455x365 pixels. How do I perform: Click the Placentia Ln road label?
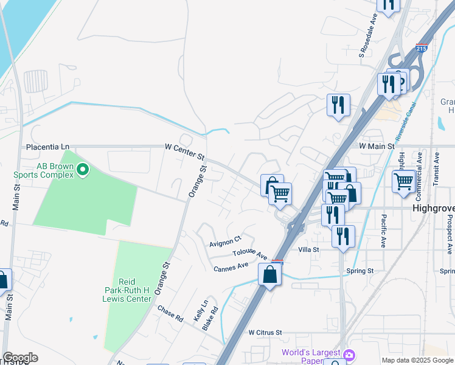pyautogui.click(x=48, y=147)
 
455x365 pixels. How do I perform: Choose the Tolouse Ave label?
pyautogui.click(x=250, y=254)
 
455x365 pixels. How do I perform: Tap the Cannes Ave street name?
pyautogui.click(x=231, y=266)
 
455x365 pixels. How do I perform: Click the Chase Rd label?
pyautogui.click(x=170, y=314)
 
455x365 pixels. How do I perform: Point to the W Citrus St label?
pyautogui.click(x=266, y=333)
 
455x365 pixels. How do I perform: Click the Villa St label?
pyautogui.click(x=309, y=250)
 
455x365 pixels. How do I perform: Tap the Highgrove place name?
pyautogui.click(x=433, y=207)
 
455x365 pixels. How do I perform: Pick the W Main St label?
pyautogui.click(x=377, y=146)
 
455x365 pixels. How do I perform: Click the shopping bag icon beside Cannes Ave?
pyautogui.click(x=269, y=274)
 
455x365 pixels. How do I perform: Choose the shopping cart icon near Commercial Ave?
pyautogui.click(x=404, y=181)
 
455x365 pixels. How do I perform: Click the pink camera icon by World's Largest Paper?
pyautogui.click(x=349, y=354)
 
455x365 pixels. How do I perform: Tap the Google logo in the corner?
pyautogui.click(x=20, y=358)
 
